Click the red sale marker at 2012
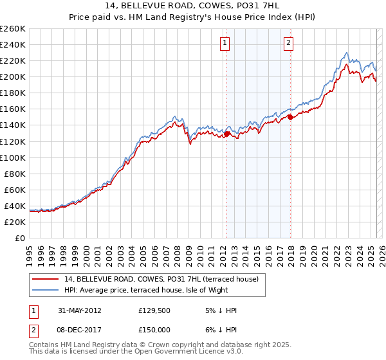[226, 134]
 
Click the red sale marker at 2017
[290, 117]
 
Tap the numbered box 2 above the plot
[288, 43]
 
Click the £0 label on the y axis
[20, 238]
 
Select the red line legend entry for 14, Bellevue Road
[161, 279]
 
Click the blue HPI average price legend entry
[146, 290]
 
